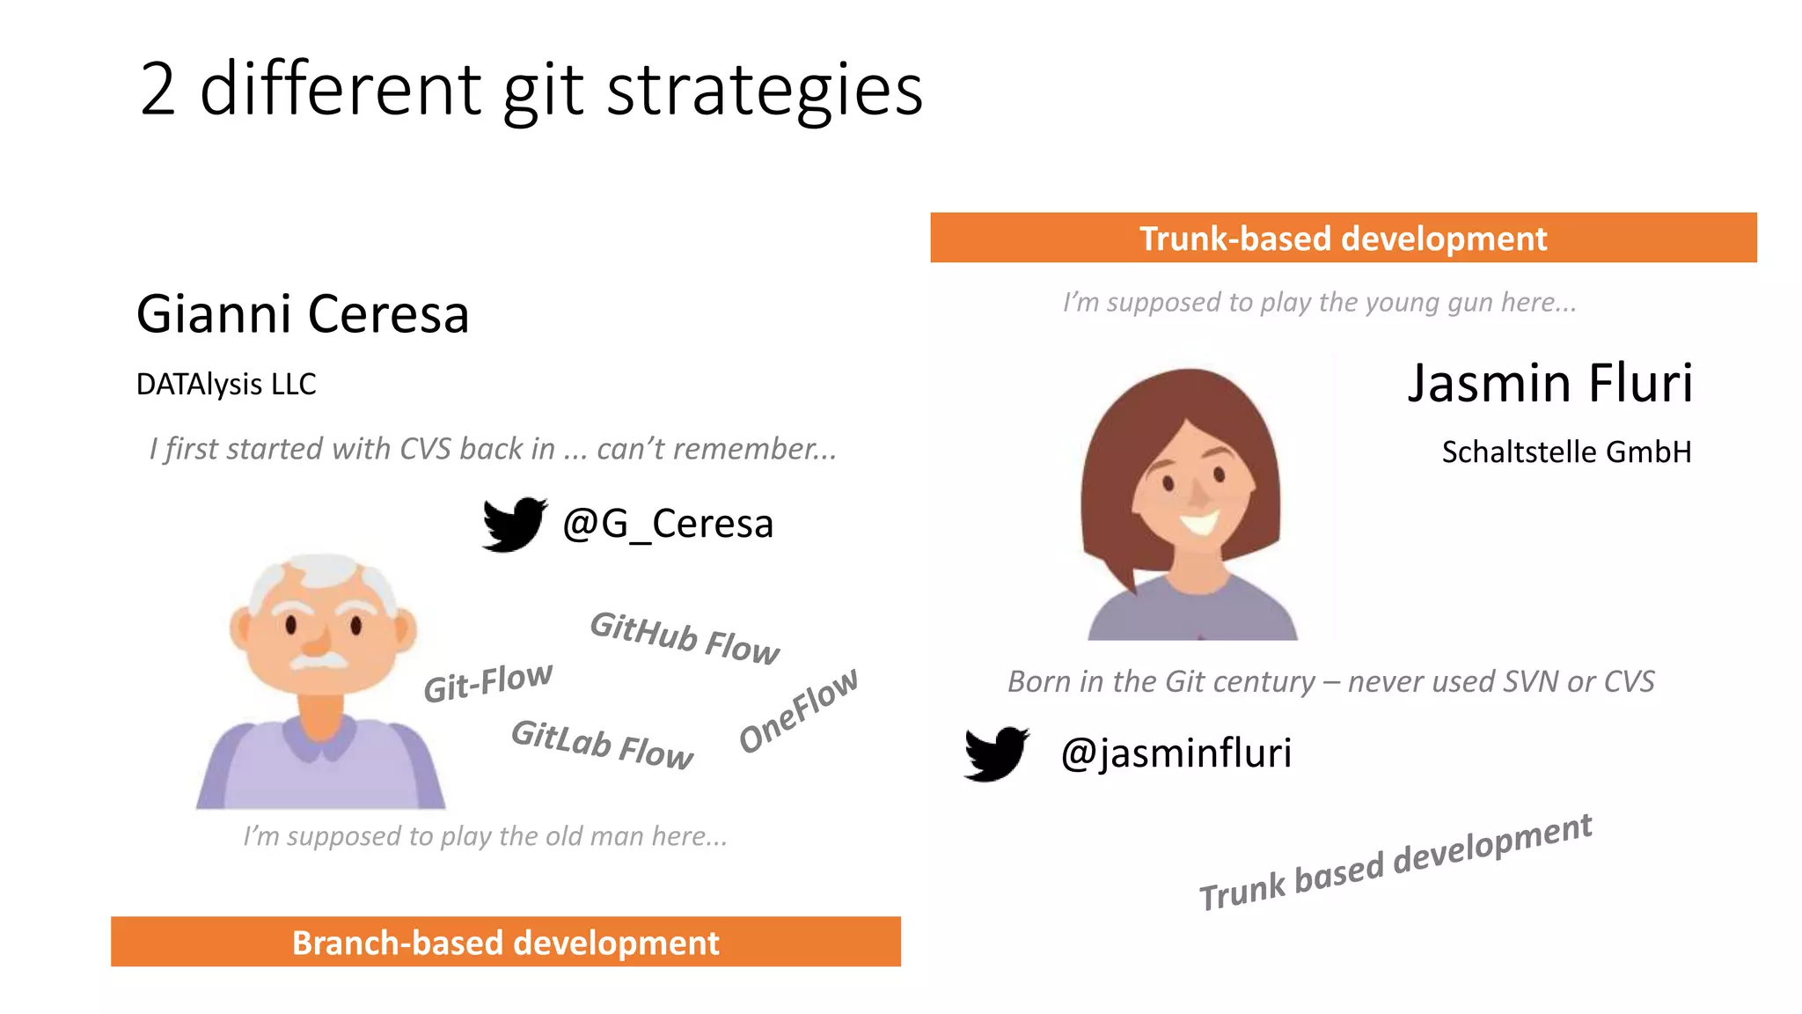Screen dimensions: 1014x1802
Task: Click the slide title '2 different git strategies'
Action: coord(531,90)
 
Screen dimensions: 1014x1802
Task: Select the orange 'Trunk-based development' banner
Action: coord(1343,238)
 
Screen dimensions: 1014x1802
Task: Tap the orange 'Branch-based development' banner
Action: coord(505,942)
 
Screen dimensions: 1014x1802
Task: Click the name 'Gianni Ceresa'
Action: coord(303,314)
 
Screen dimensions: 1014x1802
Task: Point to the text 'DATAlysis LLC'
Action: coord(226,385)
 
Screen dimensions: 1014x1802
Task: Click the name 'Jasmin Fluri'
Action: coord(1549,383)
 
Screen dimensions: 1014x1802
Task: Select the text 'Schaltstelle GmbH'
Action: coord(1566,452)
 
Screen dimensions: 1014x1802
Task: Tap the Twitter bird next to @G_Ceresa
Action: coord(514,524)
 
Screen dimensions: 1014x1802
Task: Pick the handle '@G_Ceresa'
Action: coord(668,524)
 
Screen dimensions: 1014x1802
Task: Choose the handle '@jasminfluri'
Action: coord(1176,753)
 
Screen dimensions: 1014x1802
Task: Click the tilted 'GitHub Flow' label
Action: coord(685,638)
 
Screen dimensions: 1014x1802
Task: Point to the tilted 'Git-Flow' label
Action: coord(488,682)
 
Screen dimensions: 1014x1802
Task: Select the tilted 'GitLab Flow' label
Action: coord(603,745)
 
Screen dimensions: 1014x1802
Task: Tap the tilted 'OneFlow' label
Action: coord(798,710)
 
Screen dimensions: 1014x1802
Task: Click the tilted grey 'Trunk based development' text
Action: coord(1395,863)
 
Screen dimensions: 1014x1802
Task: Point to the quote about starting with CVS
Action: coord(493,449)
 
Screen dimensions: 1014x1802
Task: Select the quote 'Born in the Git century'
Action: coord(1330,682)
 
